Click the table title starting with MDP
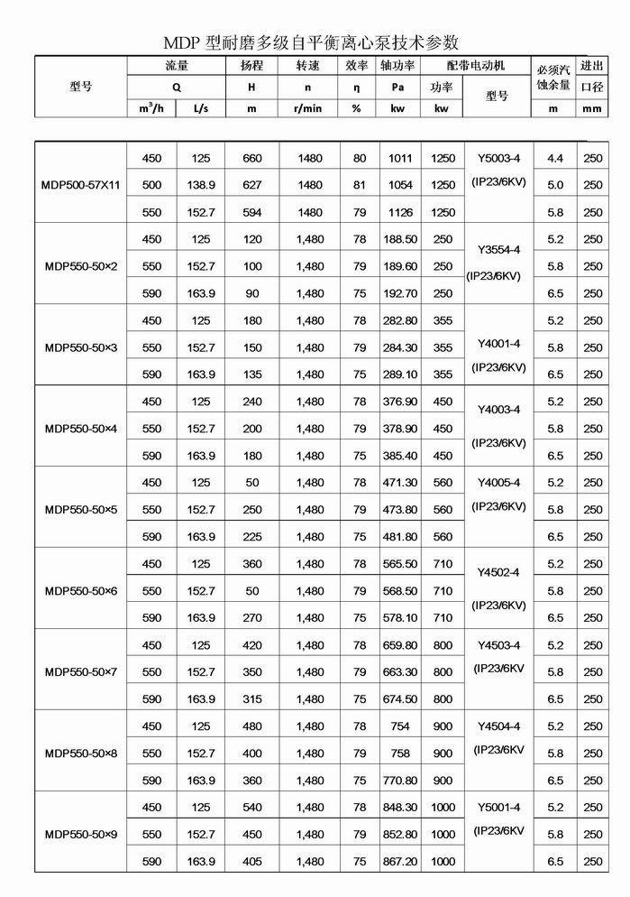311,42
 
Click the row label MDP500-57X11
81,185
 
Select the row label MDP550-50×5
81,510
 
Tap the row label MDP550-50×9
81,835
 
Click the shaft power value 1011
400,158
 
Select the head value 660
252,158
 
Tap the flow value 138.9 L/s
201,185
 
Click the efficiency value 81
360,185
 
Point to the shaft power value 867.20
400,862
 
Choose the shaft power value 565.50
400,564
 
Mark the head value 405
252,862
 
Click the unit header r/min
309,108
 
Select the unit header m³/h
151,108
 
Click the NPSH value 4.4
554,158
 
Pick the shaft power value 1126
400,212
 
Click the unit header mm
592,108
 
